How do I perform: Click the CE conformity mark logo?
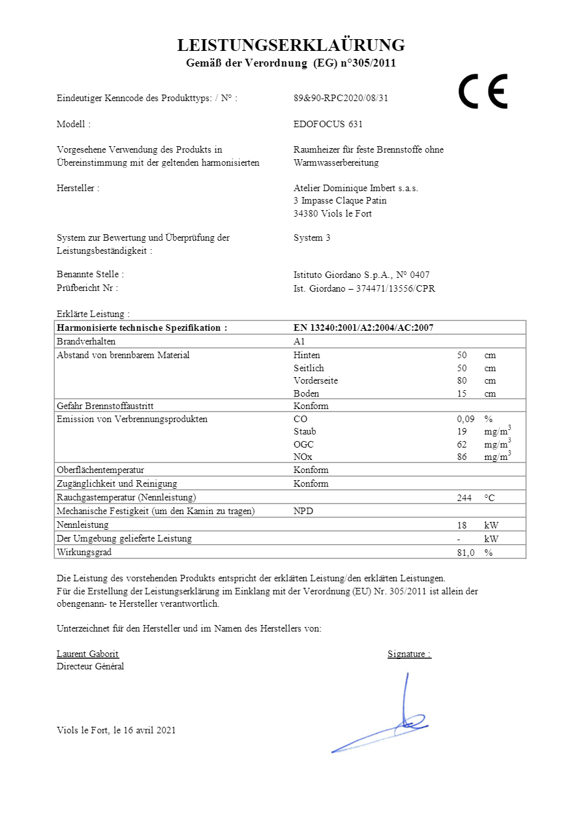[483, 91]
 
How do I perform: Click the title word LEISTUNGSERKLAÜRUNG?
[291, 45]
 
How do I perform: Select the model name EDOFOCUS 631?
[328, 124]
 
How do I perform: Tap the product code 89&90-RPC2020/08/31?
[341, 99]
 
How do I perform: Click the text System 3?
[312, 237]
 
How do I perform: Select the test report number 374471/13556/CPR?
[395, 288]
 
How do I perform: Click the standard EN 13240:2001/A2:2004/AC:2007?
[363, 328]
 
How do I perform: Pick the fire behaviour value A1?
[299, 341]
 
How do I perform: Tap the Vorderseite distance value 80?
[462, 380]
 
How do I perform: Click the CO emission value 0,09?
[466, 419]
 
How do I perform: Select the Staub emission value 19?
[462, 431]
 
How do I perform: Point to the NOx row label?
[303, 457]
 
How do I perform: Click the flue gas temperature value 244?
[465, 497]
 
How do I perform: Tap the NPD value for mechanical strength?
[303, 511]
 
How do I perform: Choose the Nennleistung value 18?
[462, 525]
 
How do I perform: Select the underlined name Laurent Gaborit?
[87, 654]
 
